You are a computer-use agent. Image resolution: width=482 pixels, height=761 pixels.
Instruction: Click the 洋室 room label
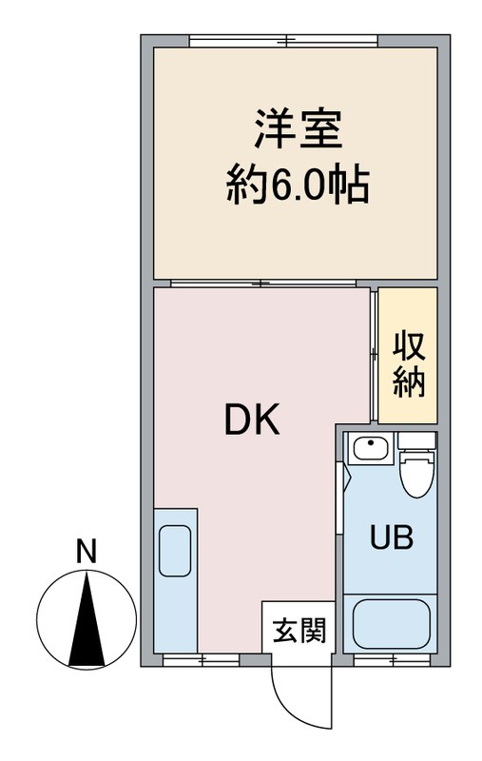[296, 131]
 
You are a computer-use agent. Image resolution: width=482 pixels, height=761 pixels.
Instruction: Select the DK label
[252, 420]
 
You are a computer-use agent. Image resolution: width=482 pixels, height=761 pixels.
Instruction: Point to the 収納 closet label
[410, 362]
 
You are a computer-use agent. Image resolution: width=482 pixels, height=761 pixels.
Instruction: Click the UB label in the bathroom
[391, 537]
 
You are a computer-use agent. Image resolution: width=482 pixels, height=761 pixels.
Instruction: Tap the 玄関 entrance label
[299, 630]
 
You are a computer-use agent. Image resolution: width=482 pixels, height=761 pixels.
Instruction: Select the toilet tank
[416, 440]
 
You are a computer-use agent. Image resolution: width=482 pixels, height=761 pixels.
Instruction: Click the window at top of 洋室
[284, 40]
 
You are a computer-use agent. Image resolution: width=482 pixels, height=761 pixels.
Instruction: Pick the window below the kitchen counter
[201, 658]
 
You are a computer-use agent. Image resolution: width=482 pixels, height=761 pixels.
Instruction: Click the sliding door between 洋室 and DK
[261, 283]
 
